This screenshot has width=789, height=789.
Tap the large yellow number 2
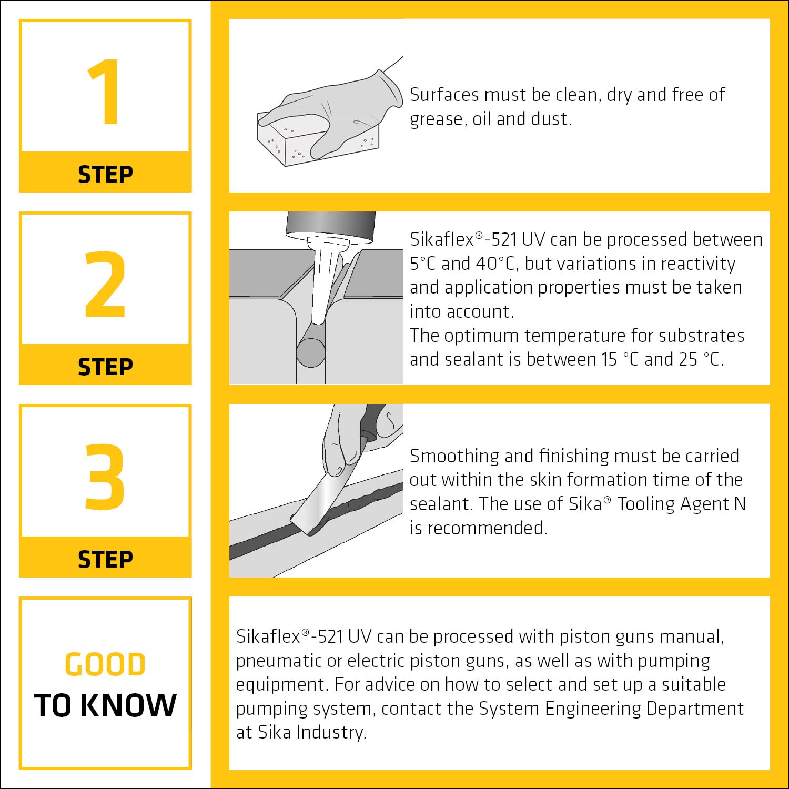[105, 284]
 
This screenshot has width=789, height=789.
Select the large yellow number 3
[105, 477]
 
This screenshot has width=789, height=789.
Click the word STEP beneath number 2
[105, 367]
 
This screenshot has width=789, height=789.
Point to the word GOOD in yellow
[105, 664]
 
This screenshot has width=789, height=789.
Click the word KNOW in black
[129, 705]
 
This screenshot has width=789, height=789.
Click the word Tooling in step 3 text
[645, 504]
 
